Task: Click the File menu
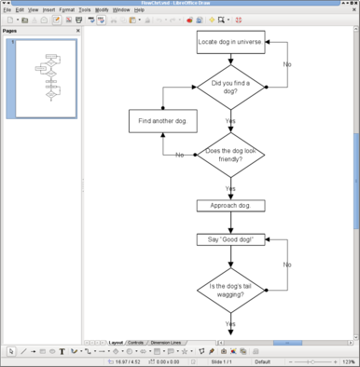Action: (7, 9)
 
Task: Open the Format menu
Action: (66, 9)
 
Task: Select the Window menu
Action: (121, 9)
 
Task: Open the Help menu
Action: (139, 9)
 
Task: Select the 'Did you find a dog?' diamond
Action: (230, 87)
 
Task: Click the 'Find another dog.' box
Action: (162, 121)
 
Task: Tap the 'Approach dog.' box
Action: (230, 205)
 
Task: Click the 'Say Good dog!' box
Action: (230, 238)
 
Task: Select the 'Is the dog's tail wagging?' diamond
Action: (230, 290)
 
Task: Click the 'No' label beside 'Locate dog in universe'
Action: (286, 64)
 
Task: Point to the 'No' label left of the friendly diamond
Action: (179, 155)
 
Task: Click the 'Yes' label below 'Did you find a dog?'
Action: (230, 120)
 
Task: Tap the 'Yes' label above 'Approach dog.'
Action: (230, 188)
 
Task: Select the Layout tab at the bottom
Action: (116, 342)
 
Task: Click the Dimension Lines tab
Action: (166, 342)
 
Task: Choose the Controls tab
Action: (135, 342)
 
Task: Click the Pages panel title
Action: (10, 31)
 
